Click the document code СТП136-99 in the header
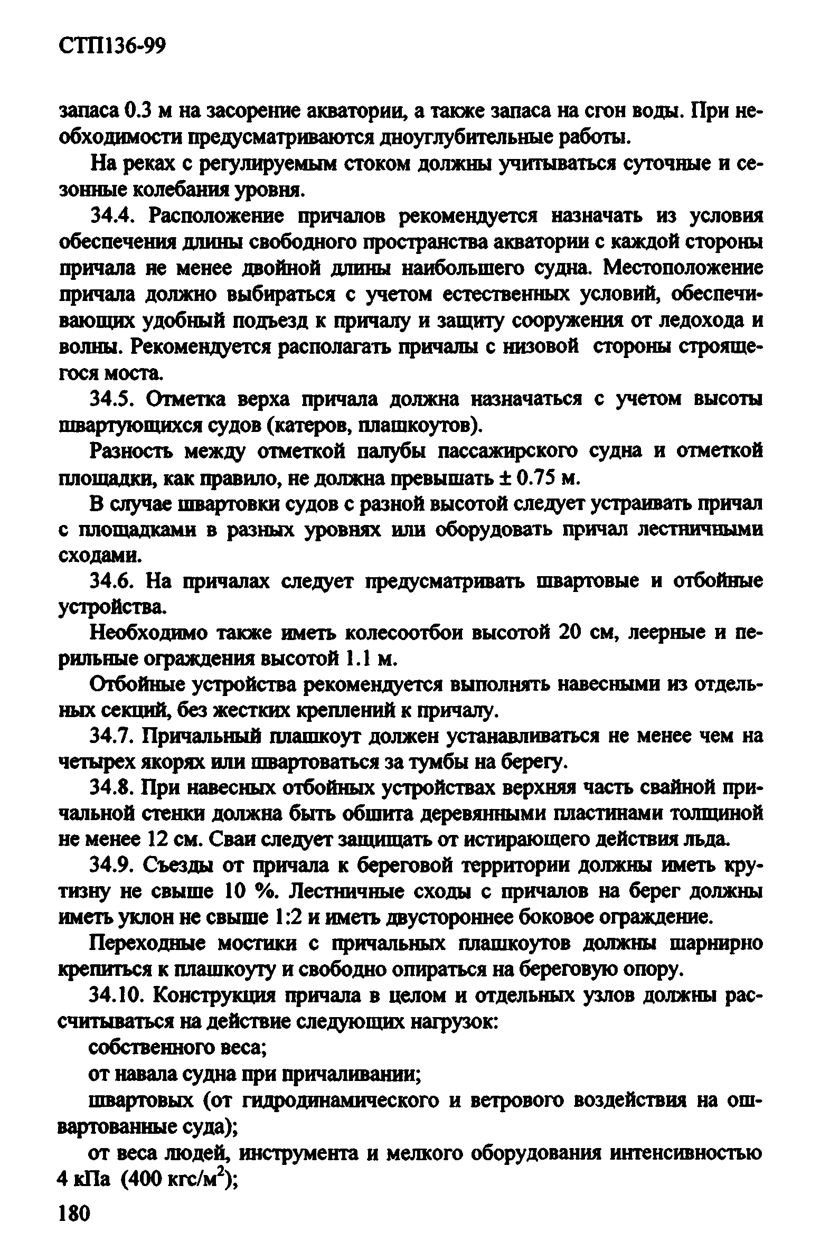pyautogui.click(x=112, y=46)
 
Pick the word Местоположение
pyautogui.click(x=683, y=269)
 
